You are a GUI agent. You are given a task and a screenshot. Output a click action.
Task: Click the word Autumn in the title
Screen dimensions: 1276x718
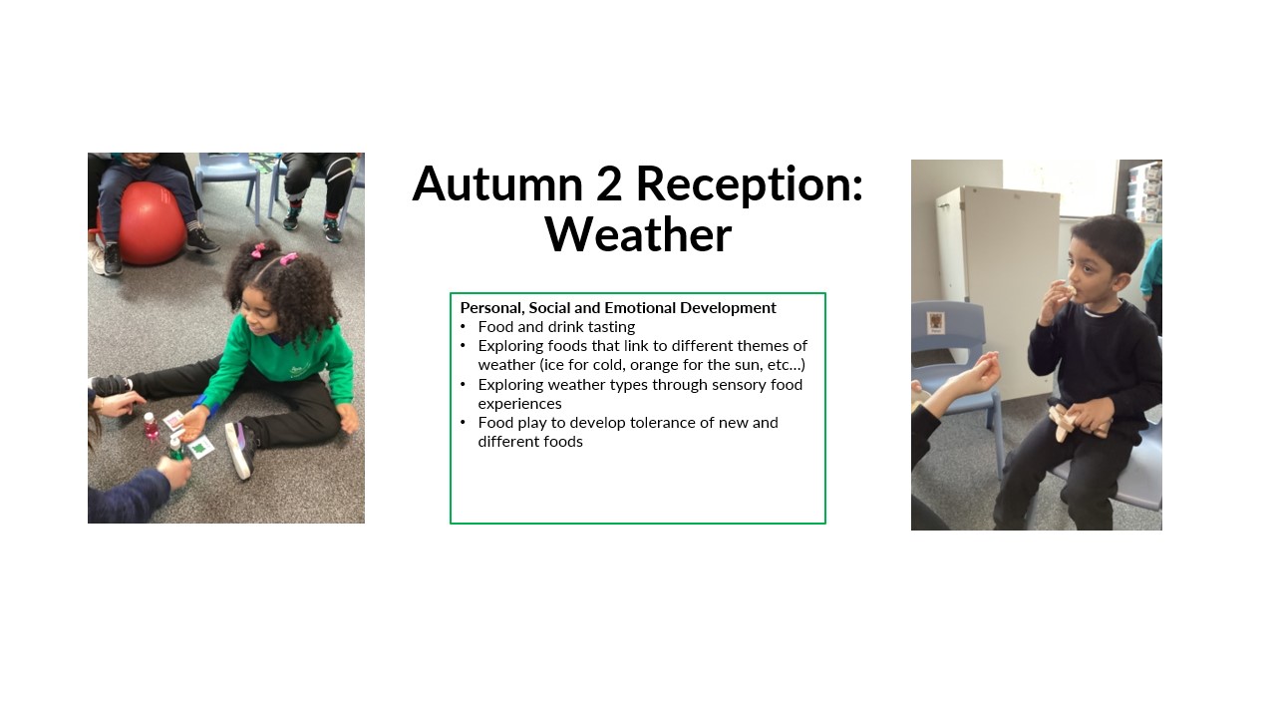pyautogui.click(x=497, y=184)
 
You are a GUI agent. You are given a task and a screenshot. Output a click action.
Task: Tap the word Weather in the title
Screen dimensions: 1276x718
pyautogui.click(x=638, y=234)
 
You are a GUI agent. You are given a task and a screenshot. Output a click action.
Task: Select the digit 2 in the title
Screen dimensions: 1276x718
pyautogui.click(x=609, y=184)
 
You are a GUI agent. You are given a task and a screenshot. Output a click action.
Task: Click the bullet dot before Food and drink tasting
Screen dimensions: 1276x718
pyautogui.click(x=464, y=327)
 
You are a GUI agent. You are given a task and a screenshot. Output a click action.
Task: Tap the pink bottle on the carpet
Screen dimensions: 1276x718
pyautogui.click(x=151, y=426)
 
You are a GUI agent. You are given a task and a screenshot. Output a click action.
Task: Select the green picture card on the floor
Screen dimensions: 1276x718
pyautogui.click(x=200, y=448)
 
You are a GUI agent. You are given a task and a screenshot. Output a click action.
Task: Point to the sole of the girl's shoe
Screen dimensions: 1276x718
pyautogui.click(x=236, y=451)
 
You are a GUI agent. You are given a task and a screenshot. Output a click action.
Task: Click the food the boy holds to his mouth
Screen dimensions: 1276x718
pyautogui.click(x=1070, y=292)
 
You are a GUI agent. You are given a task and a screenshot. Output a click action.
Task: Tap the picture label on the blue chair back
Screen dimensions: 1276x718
pyautogui.click(x=935, y=322)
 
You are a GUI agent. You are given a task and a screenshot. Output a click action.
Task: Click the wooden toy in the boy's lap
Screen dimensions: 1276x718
pyautogui.click(x=1072, y=422)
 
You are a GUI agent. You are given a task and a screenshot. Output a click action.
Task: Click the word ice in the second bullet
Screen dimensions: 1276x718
pyautogui.click(x=554, y=365)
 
